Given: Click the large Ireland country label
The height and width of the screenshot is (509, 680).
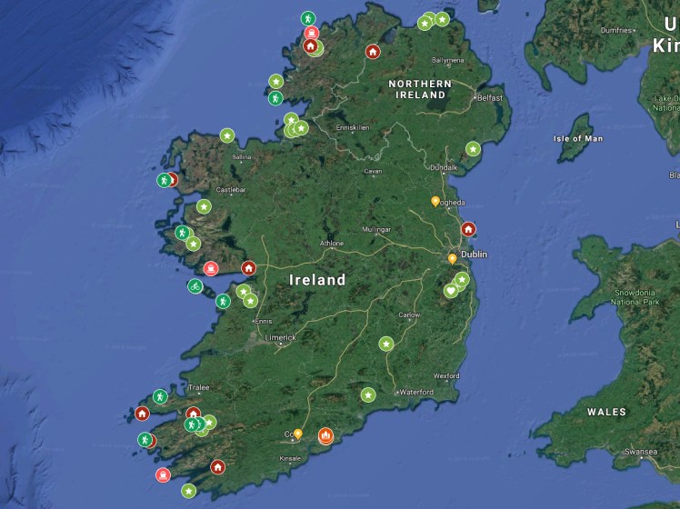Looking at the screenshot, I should [x=317, y=280].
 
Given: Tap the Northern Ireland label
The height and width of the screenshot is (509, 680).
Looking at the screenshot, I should [x=419, y=88].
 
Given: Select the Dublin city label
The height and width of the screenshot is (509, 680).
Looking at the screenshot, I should [x=474, y=254].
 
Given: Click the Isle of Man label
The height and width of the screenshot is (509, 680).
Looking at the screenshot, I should [x=578, y=139].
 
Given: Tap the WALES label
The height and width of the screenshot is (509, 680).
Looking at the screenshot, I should [x=606, y=412].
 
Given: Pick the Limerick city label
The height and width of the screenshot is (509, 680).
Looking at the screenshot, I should [x=281, y=337].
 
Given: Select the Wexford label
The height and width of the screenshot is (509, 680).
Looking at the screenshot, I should [x=446, y=375].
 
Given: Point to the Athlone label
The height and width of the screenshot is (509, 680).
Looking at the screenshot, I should [x=332, y=244].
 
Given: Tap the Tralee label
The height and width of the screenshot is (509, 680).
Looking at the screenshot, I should [x=198, y=388].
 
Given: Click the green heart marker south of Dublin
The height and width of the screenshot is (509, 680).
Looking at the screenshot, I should [x=451, y=291].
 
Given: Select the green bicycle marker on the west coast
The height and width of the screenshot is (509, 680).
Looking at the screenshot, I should [x=195, y=286].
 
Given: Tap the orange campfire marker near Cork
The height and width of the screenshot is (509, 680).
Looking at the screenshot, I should [x=325, y=437].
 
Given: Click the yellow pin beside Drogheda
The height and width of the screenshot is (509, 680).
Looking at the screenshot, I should [x=435, y=201].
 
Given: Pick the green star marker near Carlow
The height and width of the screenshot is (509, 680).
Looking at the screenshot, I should [x=386, y=344].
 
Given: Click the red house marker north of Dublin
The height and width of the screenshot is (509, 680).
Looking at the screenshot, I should [x=468, y=229].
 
